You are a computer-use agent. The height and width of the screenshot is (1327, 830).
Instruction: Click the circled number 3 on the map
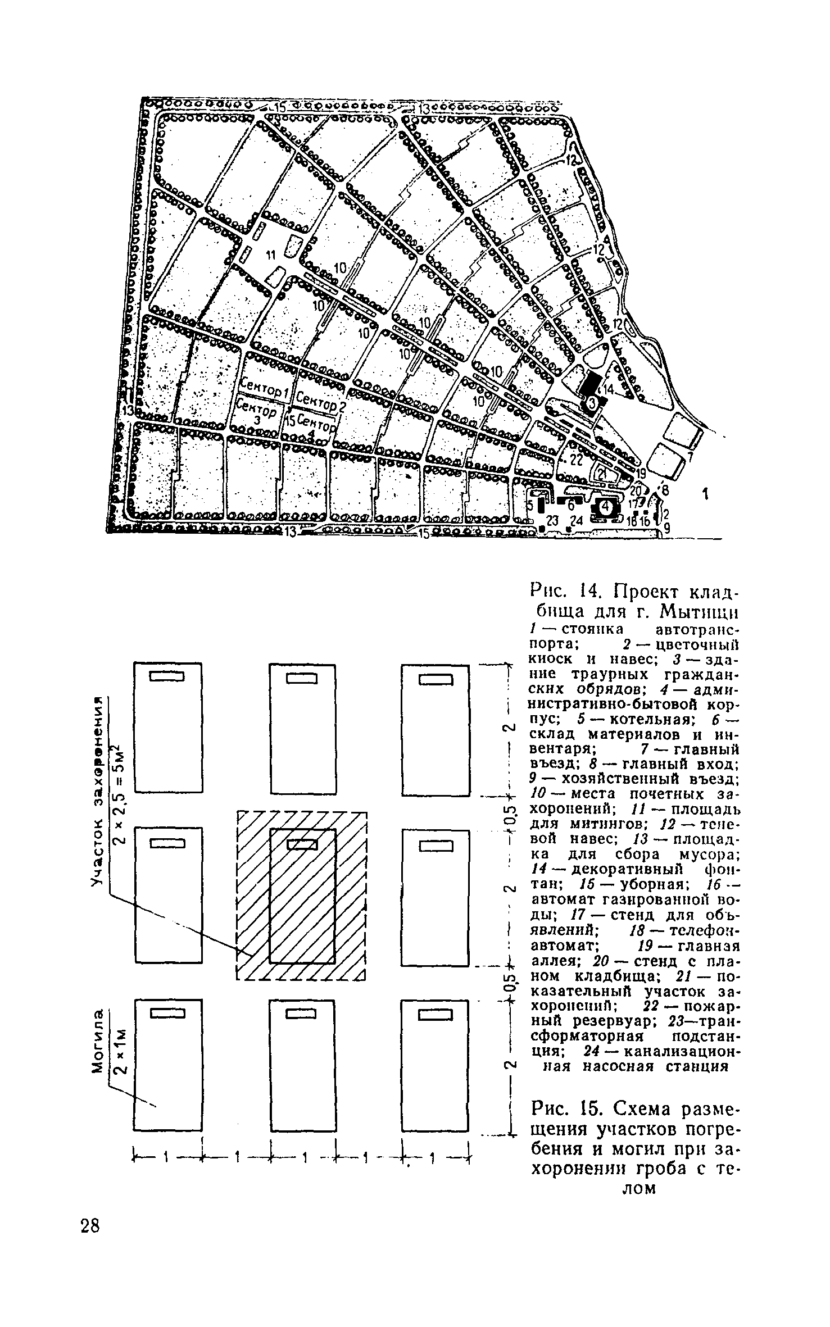(592, 402)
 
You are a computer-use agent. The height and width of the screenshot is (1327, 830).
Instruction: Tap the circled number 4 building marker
(605, 507)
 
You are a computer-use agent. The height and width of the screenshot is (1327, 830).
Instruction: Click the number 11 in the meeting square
(270, 256)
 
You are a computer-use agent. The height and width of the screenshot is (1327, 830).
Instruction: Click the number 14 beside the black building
(609, 389)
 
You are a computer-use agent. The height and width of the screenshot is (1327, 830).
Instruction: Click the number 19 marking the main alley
(640, 473)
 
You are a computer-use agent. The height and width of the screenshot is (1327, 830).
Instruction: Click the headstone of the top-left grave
(166, 678)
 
